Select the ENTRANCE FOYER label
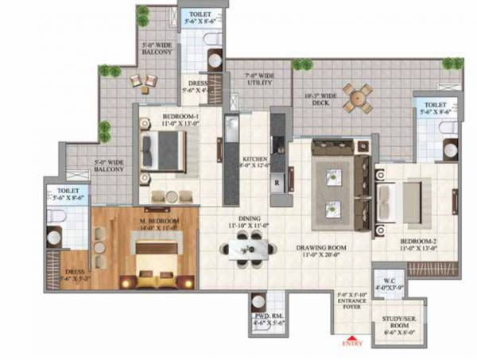pos(351,302)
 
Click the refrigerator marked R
pos(277,180)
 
